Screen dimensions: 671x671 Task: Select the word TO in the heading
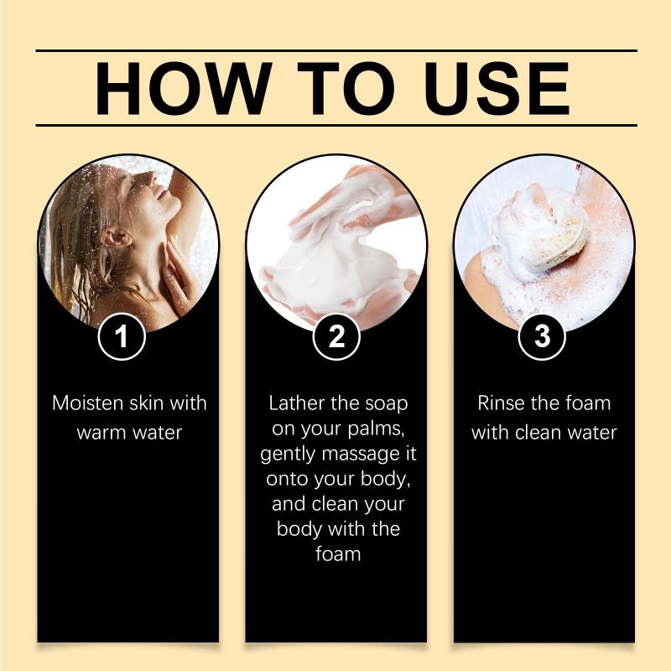click(346, 89)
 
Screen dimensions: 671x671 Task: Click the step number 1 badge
click(122, 336)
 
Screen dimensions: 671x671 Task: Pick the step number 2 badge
click(336, 336)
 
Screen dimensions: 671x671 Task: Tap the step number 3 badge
click(542, 336)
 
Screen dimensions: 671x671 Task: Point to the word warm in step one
click(101, 433)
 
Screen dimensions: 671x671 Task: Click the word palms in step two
click(376, 429)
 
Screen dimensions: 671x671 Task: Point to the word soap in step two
click(387, 404)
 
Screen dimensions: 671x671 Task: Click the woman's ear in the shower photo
click(115, 237)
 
